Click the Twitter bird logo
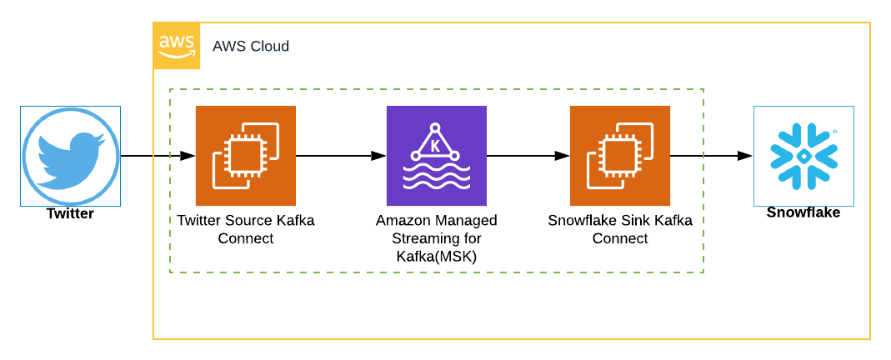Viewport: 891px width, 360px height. coord(70,156)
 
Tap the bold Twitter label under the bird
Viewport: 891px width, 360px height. coord(70,214)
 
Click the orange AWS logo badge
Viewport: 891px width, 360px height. coord(177,46)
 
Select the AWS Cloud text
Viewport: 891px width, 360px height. coord(251,47)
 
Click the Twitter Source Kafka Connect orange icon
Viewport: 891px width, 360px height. coord(245,156)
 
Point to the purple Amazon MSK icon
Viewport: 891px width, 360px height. coord(436,156)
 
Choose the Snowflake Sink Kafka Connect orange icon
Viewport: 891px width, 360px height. coord(619,156)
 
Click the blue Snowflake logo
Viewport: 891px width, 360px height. coord(803,156)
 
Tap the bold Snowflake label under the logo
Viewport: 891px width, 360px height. coord(803,212)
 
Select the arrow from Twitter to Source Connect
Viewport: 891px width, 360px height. coord(158,156)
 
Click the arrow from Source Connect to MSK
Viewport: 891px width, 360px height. coord(341,156)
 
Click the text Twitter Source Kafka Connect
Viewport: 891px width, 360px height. coord(245,229)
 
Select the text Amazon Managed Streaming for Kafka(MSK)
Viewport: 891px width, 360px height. coord(436,238)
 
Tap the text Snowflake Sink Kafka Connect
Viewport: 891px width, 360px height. coord(619,229)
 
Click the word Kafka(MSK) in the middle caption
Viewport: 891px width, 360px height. coord(436,257)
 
